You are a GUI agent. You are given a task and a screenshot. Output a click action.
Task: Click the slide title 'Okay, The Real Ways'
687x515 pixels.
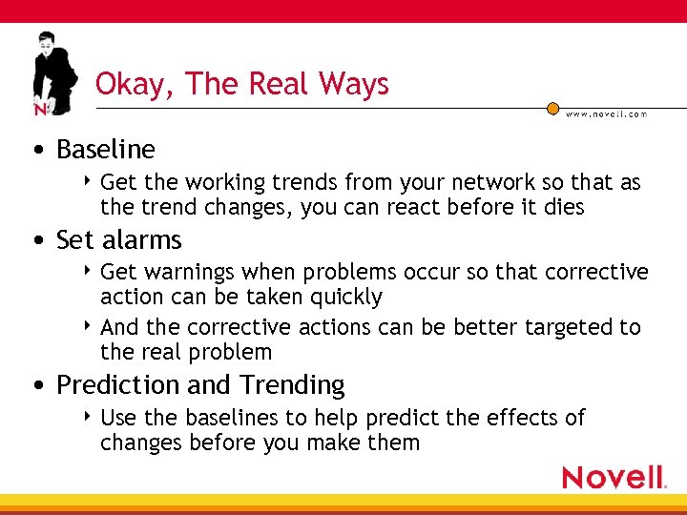coord(242,84)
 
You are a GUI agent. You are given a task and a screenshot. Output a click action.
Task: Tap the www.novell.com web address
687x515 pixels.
coord(606,113)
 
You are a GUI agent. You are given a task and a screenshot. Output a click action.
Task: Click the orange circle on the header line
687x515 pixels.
coord(552,109)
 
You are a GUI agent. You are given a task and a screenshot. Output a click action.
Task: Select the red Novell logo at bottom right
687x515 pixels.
coord(614,477)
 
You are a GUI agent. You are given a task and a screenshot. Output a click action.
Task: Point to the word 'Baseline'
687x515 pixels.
coord(105,150)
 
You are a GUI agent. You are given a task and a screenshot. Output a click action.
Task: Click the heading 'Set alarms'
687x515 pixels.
coord(118,239)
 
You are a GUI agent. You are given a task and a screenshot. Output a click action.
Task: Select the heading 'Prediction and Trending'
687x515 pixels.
coord(200,385)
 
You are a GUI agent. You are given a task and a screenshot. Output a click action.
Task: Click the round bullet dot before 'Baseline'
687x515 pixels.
coord(37,151)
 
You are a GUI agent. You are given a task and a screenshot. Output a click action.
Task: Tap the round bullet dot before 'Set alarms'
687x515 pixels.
coord(37,240)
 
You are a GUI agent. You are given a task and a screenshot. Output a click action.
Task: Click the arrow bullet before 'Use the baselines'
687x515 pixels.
coord(88,416)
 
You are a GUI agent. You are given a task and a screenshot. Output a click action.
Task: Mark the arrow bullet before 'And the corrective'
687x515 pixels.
coord(88,325)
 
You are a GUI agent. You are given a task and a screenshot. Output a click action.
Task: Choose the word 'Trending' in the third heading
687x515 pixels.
coord(292,385)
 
